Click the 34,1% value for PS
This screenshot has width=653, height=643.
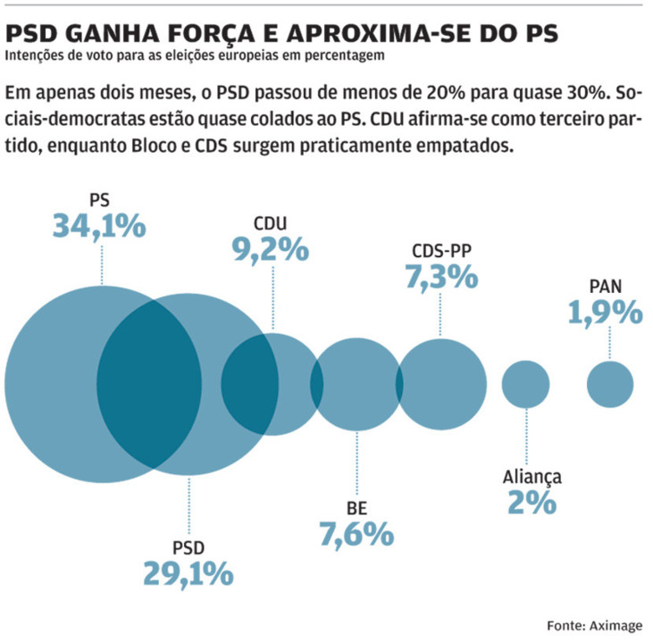(x=98, y=226)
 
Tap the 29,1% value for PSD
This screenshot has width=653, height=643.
(x=188, y=572)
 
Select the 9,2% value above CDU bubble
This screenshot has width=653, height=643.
(x=271, y=249)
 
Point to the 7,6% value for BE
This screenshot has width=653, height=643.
(x=356, y=534)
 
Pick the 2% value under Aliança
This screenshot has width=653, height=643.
(x=532, y=502)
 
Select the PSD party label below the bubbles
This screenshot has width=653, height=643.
(x=188, y=546)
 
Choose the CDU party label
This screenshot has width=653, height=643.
(x=271, y=223)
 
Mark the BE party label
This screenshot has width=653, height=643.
(x=356, y=508)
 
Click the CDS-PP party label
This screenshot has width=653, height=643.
(x=441, y=251)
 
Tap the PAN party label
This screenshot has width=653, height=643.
(x=606, y=287)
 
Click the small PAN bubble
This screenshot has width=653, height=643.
(x=610, y=385)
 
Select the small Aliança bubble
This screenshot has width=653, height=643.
(x=525, y=385)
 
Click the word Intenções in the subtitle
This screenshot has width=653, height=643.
(x=31, y=57)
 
